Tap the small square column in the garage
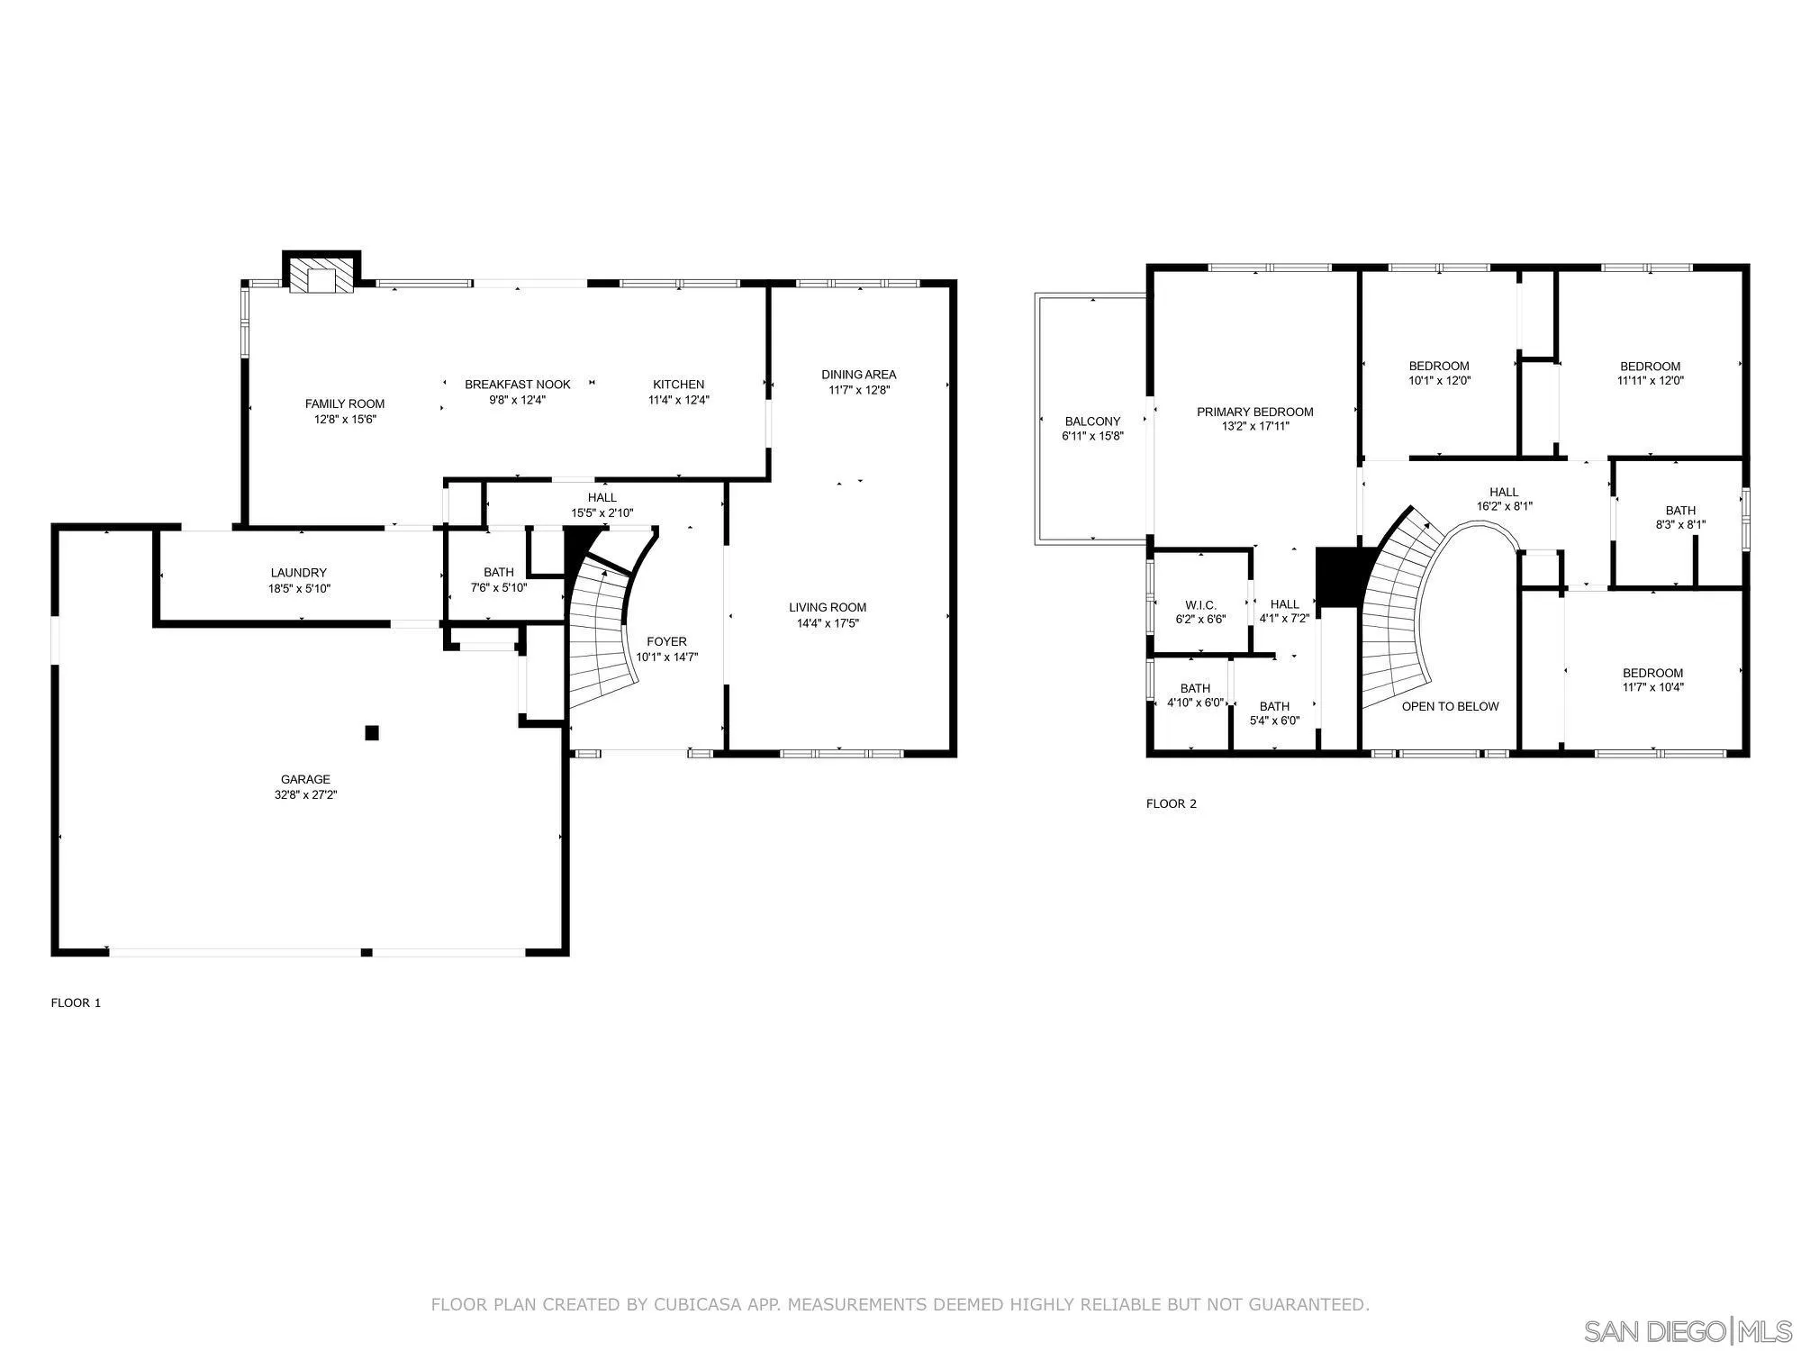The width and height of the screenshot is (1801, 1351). coord(372,733)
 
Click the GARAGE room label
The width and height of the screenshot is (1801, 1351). coord(305,780)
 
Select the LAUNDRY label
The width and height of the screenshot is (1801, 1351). coord(299,573)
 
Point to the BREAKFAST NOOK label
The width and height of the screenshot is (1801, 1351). coord(518,385)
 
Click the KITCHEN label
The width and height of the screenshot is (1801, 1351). coord(679,385)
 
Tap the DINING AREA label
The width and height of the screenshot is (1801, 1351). coord(859,375)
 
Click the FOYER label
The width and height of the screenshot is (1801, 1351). coord(666,642)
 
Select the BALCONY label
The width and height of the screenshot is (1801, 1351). coord(1092,422)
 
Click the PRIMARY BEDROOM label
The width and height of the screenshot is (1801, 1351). coord(1255,412)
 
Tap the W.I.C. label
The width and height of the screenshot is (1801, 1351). coord(1200,605)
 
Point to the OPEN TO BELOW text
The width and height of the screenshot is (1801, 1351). coord(1450,706)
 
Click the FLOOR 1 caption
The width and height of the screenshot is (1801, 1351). coord(76,1002)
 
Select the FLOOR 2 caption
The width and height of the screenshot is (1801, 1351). coord(1171,803)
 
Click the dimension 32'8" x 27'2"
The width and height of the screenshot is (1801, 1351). coord(306,795)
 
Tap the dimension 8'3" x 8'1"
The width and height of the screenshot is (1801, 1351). coord(1680,525)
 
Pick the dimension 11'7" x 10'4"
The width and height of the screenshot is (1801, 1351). coord(1652,687)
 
